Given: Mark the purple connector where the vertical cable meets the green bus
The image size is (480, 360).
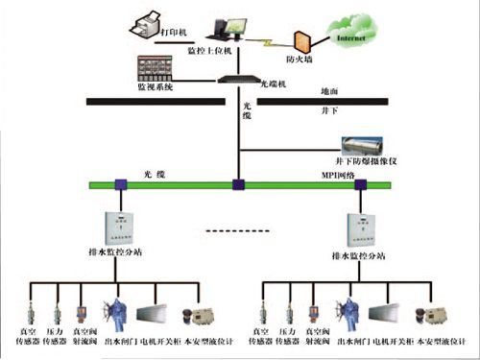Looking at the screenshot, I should click(x=237, y=186).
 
